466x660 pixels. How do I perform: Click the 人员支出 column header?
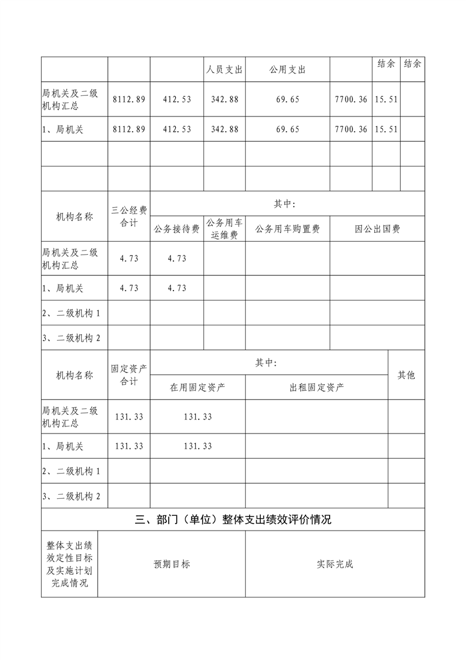point(224,70)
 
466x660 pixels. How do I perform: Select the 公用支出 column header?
point(287,70)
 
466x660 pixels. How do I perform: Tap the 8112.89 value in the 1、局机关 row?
point(129,129)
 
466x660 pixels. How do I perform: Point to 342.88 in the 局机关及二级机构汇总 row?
point(224,99)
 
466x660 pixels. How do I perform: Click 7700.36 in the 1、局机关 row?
point(351,129)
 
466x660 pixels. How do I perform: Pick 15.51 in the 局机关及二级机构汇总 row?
point(386,99)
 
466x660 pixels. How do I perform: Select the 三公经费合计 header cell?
point(129,216)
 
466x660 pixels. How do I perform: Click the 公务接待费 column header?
point(176,229)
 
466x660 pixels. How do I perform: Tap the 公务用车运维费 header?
point(224,229)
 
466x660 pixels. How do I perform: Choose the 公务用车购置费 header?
point(287,229)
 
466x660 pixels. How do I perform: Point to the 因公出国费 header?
point(377,229)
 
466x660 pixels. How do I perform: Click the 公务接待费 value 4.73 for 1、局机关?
point(176,288)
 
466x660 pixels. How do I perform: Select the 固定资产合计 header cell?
point(129,375)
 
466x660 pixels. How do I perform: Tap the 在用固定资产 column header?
point(197,387)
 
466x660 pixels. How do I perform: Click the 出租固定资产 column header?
point(317,387)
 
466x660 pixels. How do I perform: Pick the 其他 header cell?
point(406,375)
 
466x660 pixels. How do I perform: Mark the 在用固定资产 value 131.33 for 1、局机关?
point(197,446)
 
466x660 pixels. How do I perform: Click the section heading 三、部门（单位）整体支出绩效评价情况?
point(233,519)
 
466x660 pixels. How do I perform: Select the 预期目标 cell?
point(172,564)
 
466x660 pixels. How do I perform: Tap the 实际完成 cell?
point(335,564)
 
